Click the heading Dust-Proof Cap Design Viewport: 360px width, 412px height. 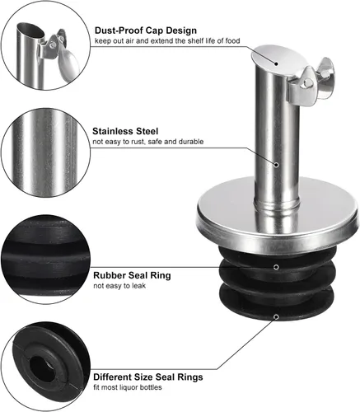(146, 30)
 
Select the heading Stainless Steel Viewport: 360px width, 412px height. (125, 131)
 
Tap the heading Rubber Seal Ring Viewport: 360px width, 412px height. (132, 275)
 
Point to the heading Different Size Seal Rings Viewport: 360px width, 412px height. (148, 377)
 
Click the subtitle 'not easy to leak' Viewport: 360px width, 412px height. (119, 286)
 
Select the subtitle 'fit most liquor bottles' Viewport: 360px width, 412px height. (128, 387)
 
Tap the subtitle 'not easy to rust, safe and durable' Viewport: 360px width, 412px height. (148, 142)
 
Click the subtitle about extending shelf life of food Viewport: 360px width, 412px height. (167, 41)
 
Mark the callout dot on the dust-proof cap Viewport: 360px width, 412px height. (277, 63)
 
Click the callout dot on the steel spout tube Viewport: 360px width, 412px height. (277, 165)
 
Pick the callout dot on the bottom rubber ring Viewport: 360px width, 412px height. (277, 317)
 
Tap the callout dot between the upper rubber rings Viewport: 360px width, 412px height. (277, 267)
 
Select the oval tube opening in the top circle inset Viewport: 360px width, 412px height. (30, 30)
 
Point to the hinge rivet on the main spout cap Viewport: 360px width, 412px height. (308, 82)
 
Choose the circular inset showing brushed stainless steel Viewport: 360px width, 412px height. (45, 152)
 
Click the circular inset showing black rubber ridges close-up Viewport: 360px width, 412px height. (45, 260)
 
